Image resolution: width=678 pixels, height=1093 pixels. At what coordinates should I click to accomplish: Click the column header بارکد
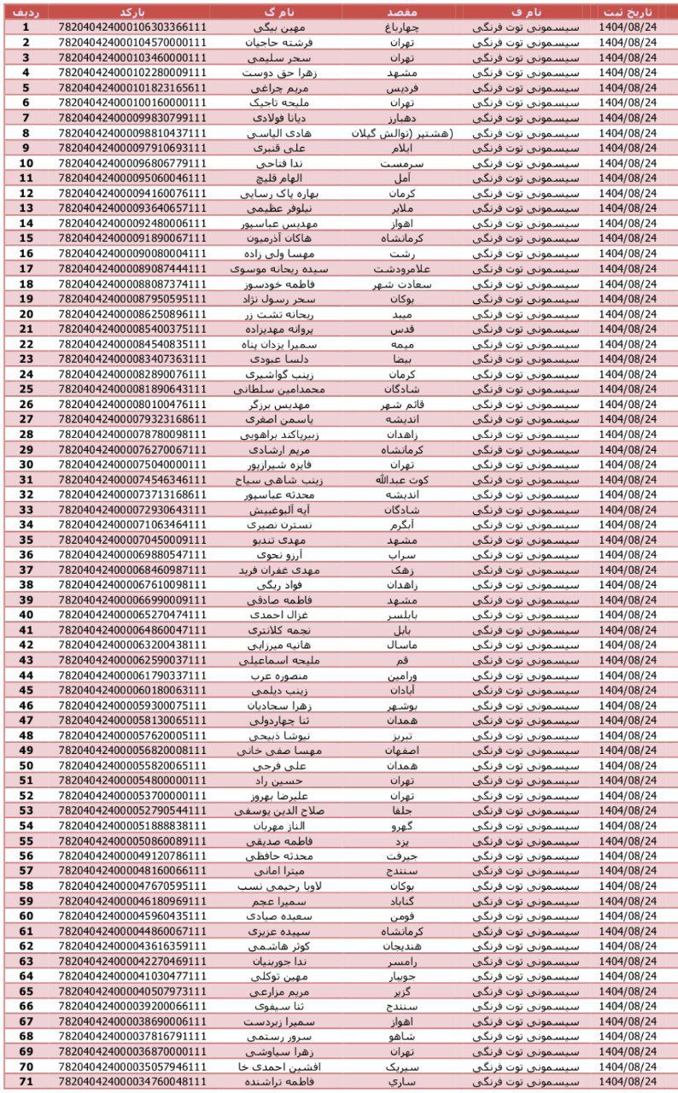coord(132,12)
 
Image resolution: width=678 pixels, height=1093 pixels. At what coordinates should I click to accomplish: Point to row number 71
coord(26,1082)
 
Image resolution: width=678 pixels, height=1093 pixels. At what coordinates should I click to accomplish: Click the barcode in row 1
coord(132,27)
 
